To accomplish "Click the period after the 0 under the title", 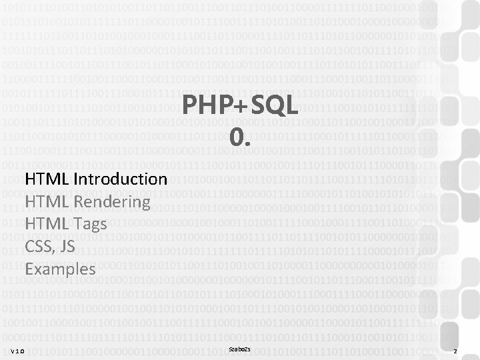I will pyautogui.click(x=249, y=143).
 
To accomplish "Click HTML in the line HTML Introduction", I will pyautogui.click(x=47, y=179).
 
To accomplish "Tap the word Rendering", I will pyautogui.click(x=111, y=202).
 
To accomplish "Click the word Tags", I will pyautogui.click(x=90, y=225).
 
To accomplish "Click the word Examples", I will pyautogui.click(x=60, y=269).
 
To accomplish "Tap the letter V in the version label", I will pyautogui.click(x=13, y=351).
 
